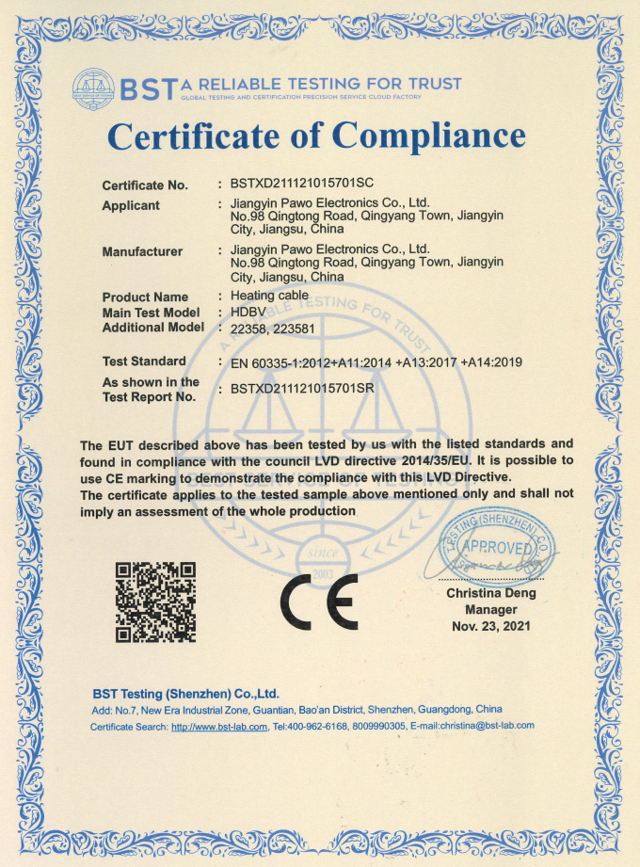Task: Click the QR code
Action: (x=154, y=602)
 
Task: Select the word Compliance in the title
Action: (x=429, y=136)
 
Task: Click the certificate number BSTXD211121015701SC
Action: (x=302, y=185)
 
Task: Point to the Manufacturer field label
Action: (x=142, y=251)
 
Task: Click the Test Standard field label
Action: (x=144, y=361)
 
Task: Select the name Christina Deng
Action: (x=490, y=593)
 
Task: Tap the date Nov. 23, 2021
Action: (x=490, y=625)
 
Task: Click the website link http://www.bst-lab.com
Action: (x=219, y=726)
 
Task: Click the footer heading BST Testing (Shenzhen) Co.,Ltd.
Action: (x=185, y=693)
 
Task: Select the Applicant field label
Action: (x=131, y=205)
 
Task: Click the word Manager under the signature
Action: (x=490, y=609)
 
